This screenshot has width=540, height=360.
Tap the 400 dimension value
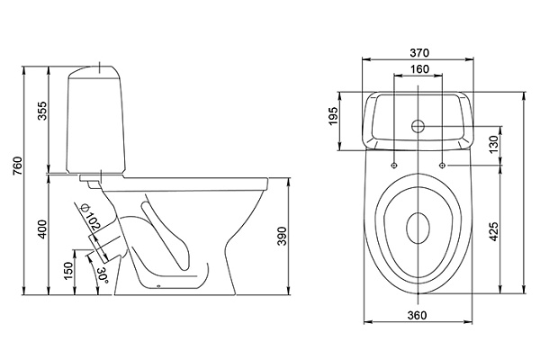click(x=42, y=229)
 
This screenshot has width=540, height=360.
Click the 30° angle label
click(x=104, y=274)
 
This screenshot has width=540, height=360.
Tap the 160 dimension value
click(x=419, y=70)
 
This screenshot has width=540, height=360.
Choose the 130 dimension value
click(x=494, y=145)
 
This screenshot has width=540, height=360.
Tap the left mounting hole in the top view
click(x=395, y=165)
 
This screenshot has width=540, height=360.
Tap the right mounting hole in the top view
click(x=444, y=165)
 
